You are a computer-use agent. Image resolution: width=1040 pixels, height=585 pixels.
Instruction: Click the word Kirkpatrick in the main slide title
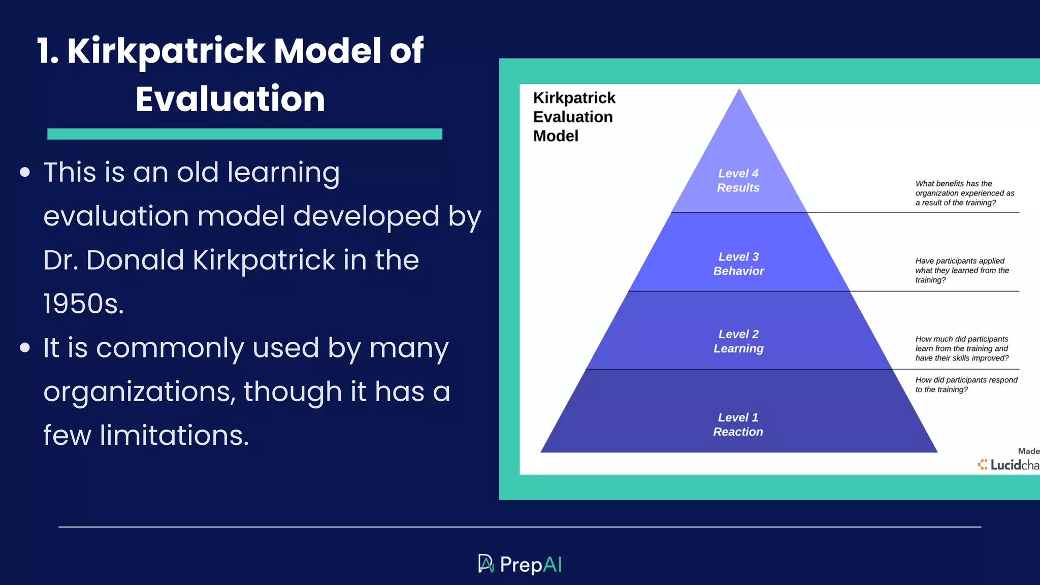[x=166, y=51]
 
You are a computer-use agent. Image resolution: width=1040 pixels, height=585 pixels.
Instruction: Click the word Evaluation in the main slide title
[x=230, y=99]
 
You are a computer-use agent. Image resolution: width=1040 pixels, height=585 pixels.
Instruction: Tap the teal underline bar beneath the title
[x=244, y=134]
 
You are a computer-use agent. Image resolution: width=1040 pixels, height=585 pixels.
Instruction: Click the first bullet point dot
[x=25, y=172]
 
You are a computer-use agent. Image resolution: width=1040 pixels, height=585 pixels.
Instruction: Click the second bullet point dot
[x=25, y=348]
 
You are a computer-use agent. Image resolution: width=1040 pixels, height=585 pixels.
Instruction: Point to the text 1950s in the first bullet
[x=83, y=304]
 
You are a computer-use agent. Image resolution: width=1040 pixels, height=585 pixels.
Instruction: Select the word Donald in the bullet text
[x=135, y=260]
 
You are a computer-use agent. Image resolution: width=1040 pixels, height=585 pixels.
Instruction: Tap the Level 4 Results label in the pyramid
[x=738, y=180]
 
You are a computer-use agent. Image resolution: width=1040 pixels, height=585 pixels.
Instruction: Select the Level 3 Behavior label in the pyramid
[x=738, y=264]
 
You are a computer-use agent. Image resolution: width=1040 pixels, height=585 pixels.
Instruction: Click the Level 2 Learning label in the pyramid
[x=738, y=341]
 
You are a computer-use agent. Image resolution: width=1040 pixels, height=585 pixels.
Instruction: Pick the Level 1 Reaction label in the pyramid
[x=738, y=425]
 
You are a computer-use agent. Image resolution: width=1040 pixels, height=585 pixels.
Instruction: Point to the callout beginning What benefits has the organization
[x=964, y=193]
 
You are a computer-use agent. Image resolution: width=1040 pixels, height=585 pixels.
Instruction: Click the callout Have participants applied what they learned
[x=961, y=270]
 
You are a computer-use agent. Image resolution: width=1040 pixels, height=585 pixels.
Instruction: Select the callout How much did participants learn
[x=961, y=348]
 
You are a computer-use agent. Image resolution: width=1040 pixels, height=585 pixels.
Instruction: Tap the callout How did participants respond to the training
[x=965, y=384]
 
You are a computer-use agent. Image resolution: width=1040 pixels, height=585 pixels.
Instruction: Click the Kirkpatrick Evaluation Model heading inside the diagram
[x=573, y=117]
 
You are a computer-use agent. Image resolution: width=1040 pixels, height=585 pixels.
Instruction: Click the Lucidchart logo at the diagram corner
[x=1008, y=464]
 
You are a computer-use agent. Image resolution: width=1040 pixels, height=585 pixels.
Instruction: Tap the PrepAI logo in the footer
[x=520, y=564]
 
